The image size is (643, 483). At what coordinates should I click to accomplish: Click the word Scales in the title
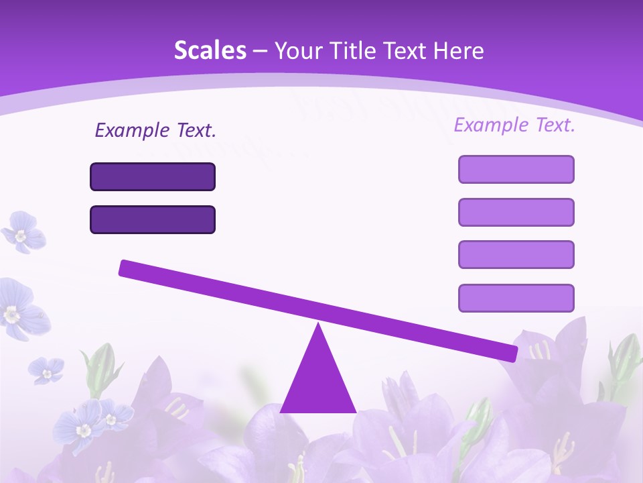[x=210, y=51]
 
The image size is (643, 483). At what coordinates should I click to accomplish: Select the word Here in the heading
[x=459, y=51]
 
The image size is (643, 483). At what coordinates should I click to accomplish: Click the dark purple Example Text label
[x=155, y=130]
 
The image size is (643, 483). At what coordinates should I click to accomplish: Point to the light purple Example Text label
[x=514, y=125]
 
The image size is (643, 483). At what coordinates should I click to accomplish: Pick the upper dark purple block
[x=153, y=177]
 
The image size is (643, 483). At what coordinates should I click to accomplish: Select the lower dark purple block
[x=153, y=220]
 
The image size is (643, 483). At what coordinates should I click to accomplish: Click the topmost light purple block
[x=516, y=169]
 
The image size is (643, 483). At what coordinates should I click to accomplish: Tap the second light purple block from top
[x=516, y=212]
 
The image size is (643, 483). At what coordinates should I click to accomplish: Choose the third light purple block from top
[x=516, y=255]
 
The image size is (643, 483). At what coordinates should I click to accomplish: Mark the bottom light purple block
[x=516, y=298]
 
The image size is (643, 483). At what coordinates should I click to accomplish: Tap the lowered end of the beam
[x=512, y=354]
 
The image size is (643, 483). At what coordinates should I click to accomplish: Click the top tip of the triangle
[x=319, y=325]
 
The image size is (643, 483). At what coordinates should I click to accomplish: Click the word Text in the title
[x=409, y=51]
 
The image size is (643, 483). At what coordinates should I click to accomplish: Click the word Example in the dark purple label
[x=132, y=130]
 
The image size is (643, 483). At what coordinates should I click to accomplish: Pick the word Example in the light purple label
[x=491, y=125]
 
